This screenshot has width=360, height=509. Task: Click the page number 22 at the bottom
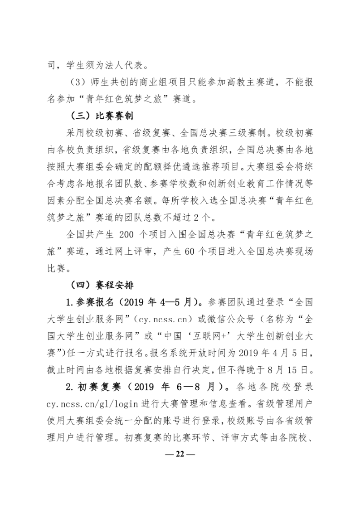(180, 454)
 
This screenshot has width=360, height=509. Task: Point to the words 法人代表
(130, 65)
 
